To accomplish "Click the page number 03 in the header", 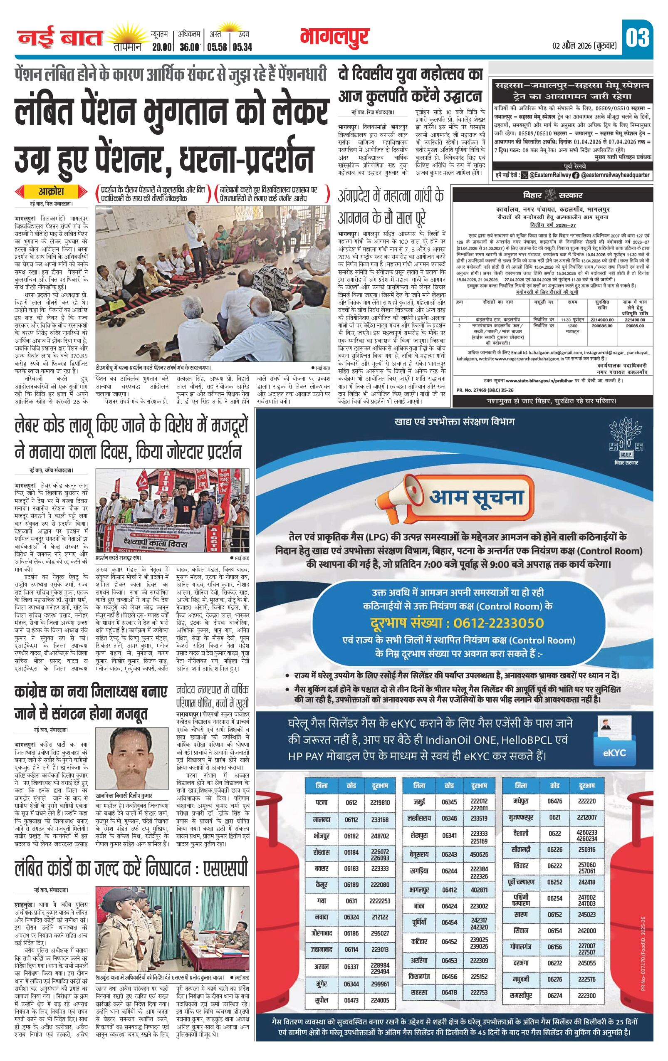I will point(637,37).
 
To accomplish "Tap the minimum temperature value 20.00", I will point(161,47).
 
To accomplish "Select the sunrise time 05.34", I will point(242,47).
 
